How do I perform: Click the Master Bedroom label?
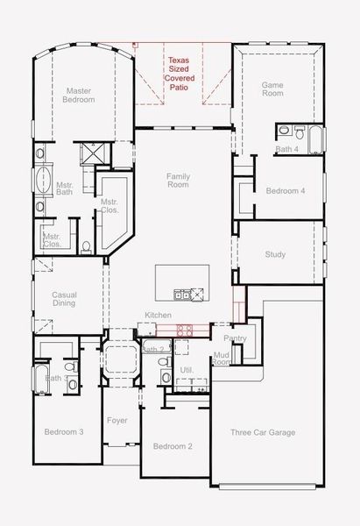coord(79,96)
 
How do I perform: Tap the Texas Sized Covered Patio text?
coord(180,74)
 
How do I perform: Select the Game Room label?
coord(272,89)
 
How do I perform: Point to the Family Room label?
coord(179,181)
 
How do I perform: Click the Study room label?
coord(275,254)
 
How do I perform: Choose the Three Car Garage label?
coord(263,432)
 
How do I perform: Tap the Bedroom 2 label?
coord(173,446)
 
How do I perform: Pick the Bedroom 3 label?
coord(64,431)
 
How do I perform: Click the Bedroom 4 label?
coord(286,191)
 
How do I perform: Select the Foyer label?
coord(117,421)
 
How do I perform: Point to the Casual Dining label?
coord(64,299)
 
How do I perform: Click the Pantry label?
coord(235,338)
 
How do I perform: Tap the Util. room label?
coord(187,370)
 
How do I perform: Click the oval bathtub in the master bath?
coord(44,180)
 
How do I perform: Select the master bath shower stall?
coord(95,154)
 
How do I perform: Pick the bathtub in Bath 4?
coord(315,139)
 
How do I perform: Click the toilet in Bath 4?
coord(300,132)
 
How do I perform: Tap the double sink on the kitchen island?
coord(182,295)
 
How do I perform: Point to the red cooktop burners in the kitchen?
coord(185,331)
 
